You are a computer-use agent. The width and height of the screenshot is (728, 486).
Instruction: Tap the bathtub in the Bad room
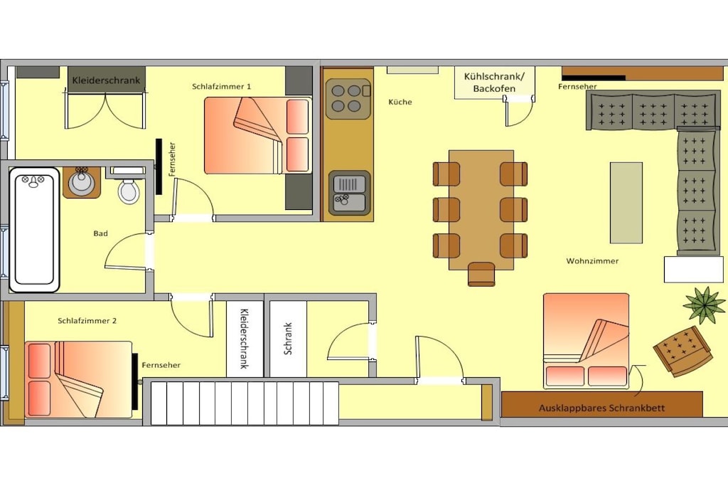(x=34, y=230)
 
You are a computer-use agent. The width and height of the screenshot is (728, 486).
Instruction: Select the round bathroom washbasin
(x=81, y=183)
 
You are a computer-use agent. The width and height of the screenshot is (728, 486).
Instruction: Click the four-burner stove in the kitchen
(x=348, y=99)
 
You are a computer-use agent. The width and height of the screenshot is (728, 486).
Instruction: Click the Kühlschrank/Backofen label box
(x=495, y=83)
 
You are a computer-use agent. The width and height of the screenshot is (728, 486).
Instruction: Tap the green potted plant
(x=705, y=305)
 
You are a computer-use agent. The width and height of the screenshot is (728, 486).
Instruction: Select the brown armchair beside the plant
(x=682, y=352)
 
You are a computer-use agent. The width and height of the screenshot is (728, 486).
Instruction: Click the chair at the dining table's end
(x=481, y=274)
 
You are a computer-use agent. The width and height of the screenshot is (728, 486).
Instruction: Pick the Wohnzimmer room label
(x=592, y=261)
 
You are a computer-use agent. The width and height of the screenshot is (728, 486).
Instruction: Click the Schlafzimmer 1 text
(x=222, y=86)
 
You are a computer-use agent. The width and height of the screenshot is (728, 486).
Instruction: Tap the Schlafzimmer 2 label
(x=87, y=321)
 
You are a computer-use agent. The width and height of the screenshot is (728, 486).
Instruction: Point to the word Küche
(x=400, y=102)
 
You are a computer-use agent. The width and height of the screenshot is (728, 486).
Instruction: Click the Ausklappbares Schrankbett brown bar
(x=602, y=404)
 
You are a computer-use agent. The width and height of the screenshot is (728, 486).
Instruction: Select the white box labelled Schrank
(x=289, y=339)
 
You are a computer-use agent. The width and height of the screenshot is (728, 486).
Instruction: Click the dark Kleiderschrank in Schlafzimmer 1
(x=107, y=80)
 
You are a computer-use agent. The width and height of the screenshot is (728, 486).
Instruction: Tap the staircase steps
(x=245, y=403)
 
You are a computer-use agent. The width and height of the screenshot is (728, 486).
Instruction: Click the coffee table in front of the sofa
(x=626, y=203)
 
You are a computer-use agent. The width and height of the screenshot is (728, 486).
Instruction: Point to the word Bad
(x=101, y=233)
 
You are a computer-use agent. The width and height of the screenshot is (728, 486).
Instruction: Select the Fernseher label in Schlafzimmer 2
(x=161, y=365)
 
